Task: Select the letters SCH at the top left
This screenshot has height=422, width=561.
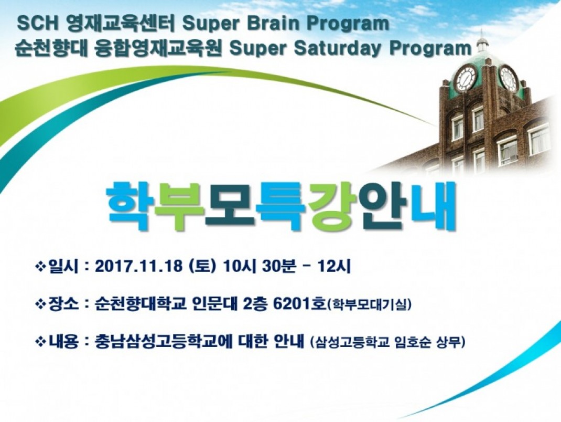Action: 37,24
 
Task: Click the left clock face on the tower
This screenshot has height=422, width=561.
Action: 465,78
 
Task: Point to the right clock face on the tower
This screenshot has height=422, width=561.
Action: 508,78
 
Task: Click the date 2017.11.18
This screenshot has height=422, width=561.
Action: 139,267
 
